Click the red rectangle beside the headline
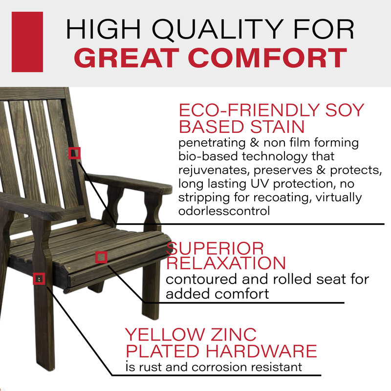coord(27,42)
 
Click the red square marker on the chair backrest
coord(74,153)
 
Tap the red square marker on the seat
coord(101,257)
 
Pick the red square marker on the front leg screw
coord(39,279)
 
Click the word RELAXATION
coord(226,263)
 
